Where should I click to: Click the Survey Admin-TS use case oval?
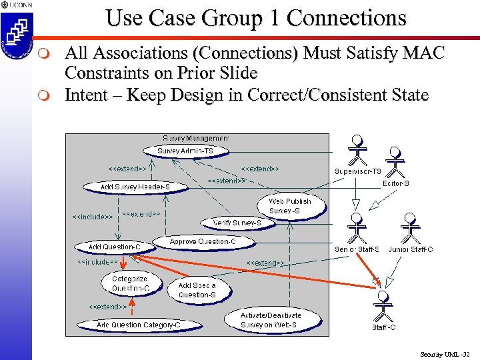coord(185,151)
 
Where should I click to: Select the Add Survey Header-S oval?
coord(135,187)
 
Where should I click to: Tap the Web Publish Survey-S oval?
coord(290,206)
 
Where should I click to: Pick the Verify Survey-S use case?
coord(237,223)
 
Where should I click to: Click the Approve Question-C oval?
coord(202,241)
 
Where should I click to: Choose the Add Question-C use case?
coord(115,247)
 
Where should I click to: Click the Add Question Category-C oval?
coord(138,325)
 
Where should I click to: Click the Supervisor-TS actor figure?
coord(358,151)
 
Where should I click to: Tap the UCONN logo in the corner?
coord(16,30)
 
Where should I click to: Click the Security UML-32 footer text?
coord(446,354)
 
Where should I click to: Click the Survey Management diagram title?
coord(196,138)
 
